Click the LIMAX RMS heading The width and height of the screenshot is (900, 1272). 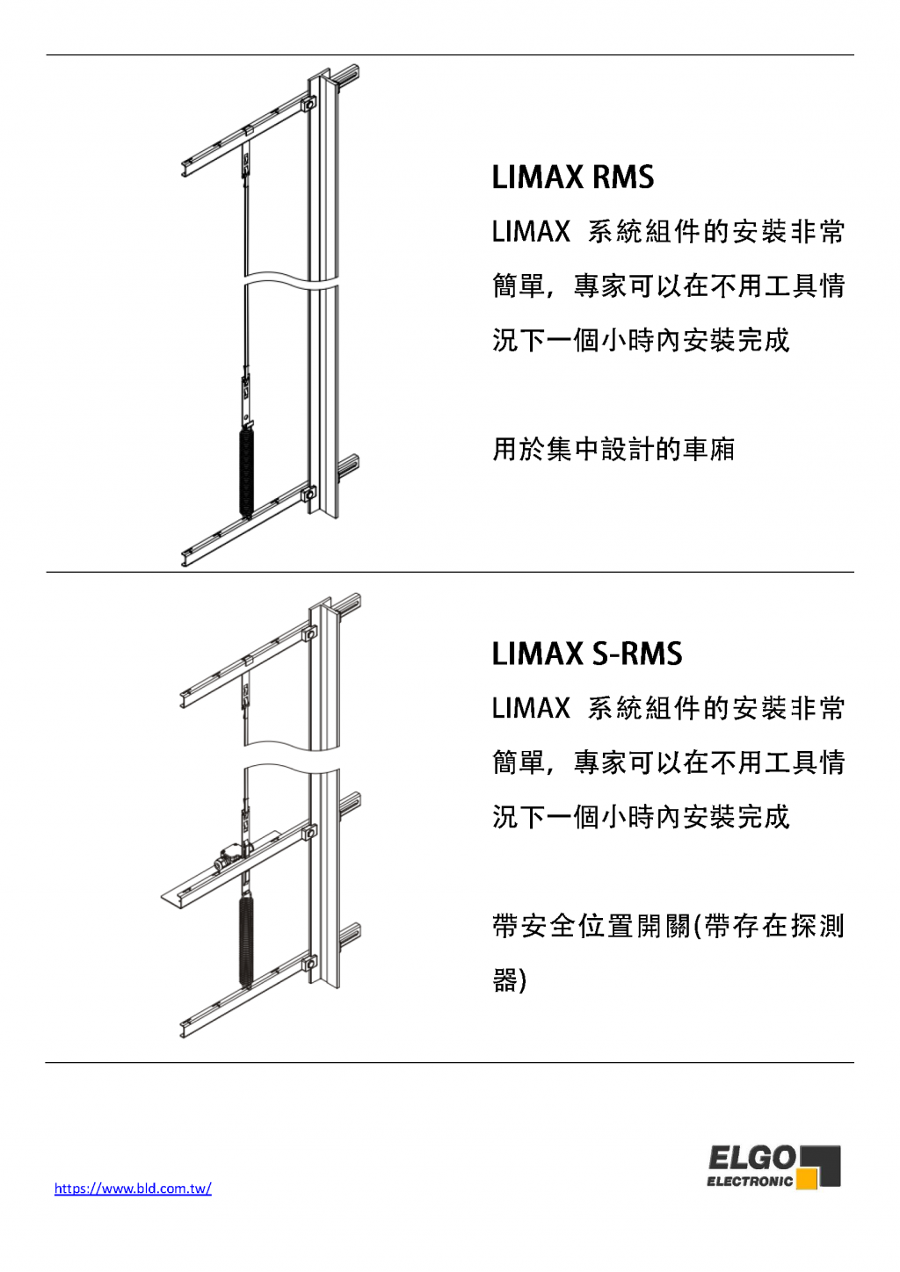coord(573,177)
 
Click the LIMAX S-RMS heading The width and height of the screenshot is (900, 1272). coord(587,654)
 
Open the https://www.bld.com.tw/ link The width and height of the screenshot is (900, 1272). coord(133,1188)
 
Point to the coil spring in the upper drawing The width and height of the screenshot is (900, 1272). coord(247,470)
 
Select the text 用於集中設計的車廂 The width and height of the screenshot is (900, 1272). coord(613,449)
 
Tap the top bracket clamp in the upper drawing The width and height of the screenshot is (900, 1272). coord(309,104)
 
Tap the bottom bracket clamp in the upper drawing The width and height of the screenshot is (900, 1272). coord(309,492)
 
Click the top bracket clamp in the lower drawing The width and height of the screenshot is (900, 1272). coord(309,633)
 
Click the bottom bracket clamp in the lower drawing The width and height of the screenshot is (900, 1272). coord(309,964)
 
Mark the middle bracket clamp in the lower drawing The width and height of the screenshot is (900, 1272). coord(309,833)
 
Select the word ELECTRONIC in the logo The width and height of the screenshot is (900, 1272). coord(750,1182)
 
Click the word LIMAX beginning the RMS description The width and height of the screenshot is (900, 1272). coord(531,232)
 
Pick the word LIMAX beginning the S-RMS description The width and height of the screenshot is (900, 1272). coord(531,709)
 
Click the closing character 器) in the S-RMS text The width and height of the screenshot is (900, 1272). coord(510,980)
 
